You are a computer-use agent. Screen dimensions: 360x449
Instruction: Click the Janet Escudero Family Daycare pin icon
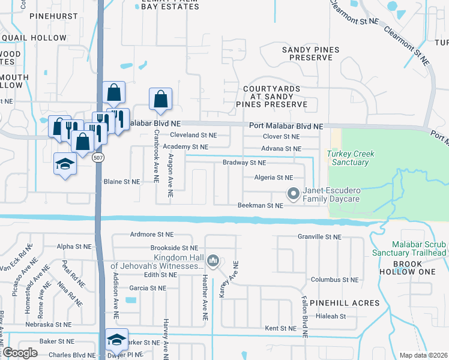294,194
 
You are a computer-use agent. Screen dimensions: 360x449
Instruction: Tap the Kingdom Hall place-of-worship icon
213,262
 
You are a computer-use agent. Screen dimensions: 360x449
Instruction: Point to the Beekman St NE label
260,206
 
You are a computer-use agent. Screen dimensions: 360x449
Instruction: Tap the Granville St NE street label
319,237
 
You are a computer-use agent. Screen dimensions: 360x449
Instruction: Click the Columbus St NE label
334,280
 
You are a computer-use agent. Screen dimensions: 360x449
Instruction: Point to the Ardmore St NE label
151,235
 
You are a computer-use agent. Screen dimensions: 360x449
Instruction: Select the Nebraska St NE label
49,325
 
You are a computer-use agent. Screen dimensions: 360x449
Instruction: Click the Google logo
20,353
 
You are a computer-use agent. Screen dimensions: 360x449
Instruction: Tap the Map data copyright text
423,355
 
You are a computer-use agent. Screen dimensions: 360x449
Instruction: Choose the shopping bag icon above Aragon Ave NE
161,98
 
